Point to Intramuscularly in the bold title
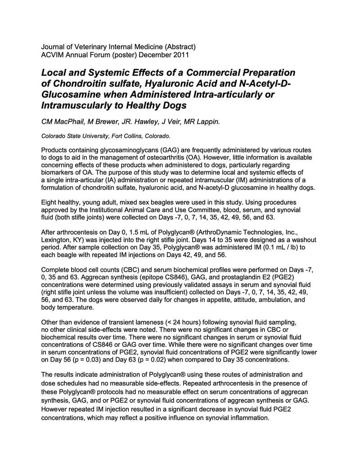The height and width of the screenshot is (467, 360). (x=74, y=106)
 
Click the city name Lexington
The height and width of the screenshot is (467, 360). (x=55, y=240)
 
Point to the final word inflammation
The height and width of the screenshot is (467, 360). (x=247, y=417)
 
